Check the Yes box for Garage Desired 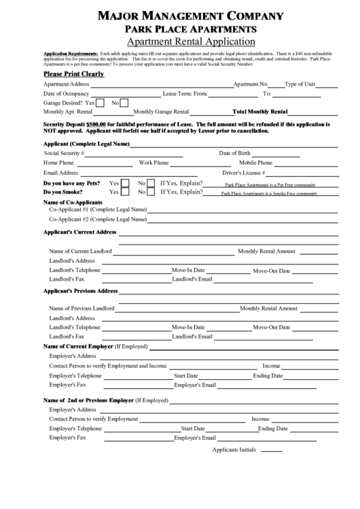pos(100,103)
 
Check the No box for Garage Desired pos(124,103)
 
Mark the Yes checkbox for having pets pos(125,183)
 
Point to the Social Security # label pos(64,154)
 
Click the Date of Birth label pos(234,154)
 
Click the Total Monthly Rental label pos(260,111)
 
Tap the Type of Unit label pos(300,84)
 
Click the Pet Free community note pos(270,184)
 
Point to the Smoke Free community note pos(270,193)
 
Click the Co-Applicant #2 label pos(98,220)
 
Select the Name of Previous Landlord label pos(82,309)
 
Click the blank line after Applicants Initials pos(271,450)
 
